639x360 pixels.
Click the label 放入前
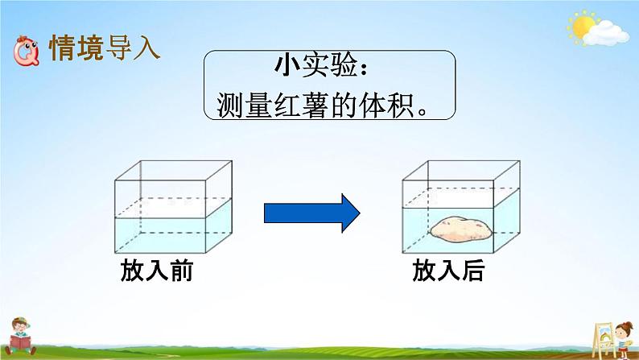coord(157,272)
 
